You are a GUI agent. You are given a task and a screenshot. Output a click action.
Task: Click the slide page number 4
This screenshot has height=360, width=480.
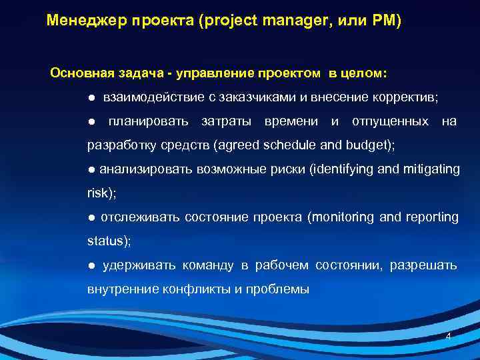click(448, 337)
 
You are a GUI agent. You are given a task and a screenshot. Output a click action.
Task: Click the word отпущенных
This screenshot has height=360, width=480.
click(390, 121)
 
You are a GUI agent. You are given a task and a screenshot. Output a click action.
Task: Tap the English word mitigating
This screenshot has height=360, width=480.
click(431, 169)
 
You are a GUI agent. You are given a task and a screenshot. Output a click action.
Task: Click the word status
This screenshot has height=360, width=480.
click(107, 241)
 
